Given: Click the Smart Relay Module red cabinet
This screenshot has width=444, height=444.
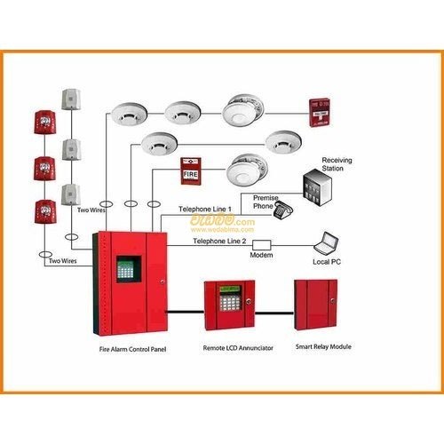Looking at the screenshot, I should tap(317, 303).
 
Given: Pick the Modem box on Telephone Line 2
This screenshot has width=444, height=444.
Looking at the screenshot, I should tap(262, 242).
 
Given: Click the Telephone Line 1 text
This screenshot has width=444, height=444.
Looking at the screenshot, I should tap(205, 209).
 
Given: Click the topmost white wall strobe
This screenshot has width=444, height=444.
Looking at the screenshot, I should tap(70, 99).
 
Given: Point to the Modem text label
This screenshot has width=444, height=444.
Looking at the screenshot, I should tap(262, 255).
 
